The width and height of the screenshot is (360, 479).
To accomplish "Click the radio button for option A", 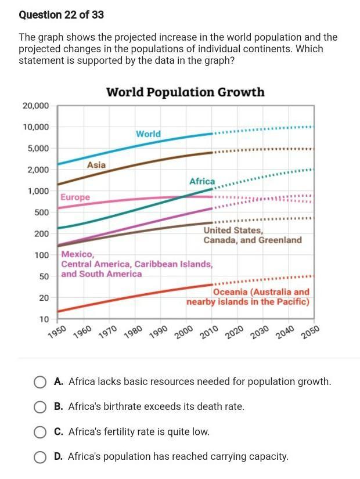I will tap(40, 382).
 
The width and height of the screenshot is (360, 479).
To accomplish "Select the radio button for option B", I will tap(40, 407).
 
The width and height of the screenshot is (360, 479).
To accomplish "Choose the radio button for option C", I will tap(40, 432).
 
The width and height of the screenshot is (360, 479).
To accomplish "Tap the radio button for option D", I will tap(40, 457).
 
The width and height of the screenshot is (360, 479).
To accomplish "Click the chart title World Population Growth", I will tap(185, 92).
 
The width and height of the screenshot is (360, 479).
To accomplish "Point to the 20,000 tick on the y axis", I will tap(36, 106).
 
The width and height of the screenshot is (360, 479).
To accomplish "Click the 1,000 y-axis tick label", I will tap(38, 191).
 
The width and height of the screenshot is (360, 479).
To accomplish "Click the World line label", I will tap(148, 134).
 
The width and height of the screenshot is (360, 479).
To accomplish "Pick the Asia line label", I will tap(96, 165).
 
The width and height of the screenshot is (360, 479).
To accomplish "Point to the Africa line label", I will tap(201, 182).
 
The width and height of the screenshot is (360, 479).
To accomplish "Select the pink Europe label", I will tap(75, 197).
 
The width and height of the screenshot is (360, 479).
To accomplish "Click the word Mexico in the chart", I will tap(77, 254).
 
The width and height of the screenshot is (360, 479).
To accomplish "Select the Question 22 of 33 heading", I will tap(61, 15).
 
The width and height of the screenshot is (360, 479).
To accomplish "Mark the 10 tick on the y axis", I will tap(44, 319).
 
